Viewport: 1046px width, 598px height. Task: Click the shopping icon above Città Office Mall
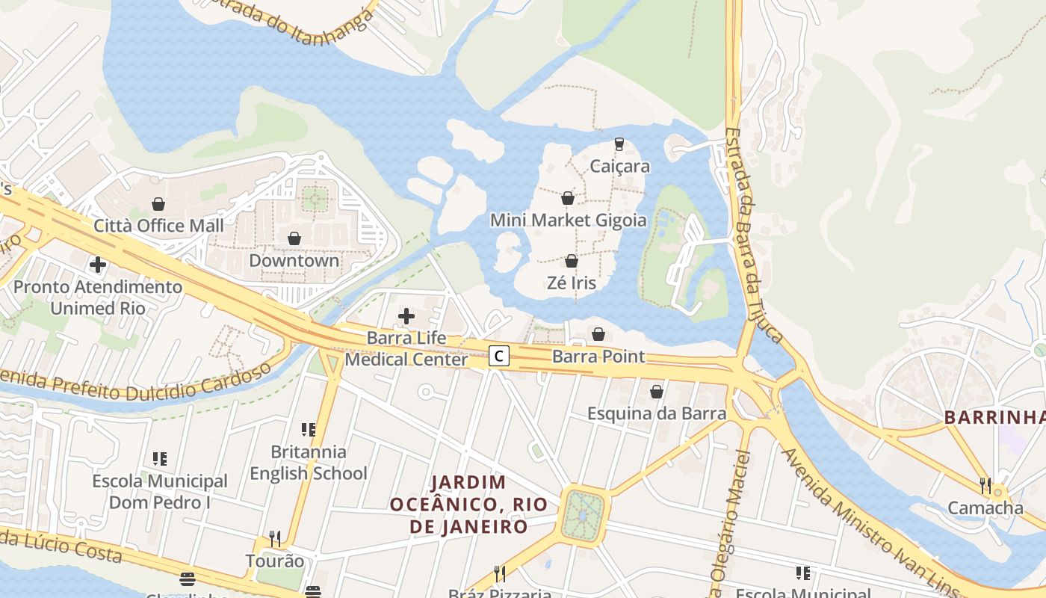coord(158,203)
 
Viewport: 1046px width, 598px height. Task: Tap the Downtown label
coord(294,261)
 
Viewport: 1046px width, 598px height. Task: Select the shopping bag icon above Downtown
coord(294,238)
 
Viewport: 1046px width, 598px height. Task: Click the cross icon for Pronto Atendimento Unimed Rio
coord(97,265)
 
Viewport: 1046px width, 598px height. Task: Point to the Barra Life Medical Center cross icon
coord(406,316)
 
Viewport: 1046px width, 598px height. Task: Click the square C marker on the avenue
coord(498,356)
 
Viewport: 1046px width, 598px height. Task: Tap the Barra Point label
coord(598,357)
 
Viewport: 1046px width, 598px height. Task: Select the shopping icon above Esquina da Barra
coord(656,391)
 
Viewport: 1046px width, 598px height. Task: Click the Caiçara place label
coord(619,166)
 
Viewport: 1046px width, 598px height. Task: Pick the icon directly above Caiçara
coord(619,144)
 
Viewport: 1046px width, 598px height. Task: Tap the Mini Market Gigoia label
coord(568,221)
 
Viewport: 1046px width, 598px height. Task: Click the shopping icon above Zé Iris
coord(572,261)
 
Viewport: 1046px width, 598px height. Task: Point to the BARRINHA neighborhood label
coord(994,417)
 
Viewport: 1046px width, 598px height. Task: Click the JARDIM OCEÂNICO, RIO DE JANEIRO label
coord(458,504)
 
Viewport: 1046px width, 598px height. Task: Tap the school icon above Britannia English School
coord(308,430)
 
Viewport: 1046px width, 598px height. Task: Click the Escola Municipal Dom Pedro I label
coord(160,492)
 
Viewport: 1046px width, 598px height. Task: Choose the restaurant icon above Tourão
coord(275,539)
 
